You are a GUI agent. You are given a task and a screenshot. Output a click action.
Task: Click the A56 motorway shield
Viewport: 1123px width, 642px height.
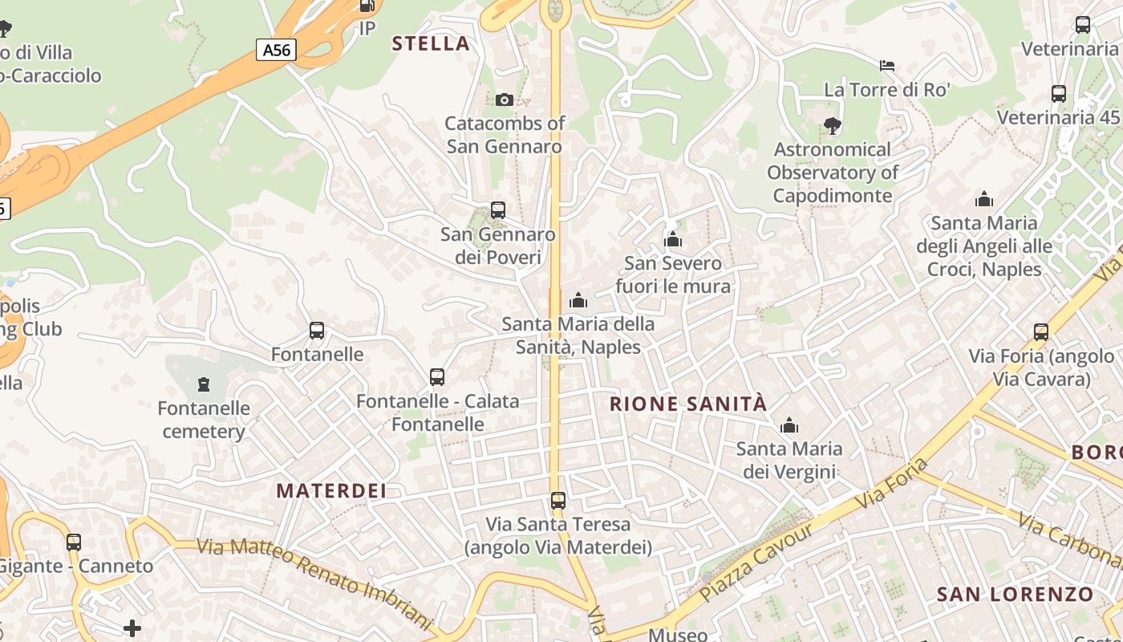coord(277,50)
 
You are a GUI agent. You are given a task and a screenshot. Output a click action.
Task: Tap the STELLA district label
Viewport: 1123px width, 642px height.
coord(431,43)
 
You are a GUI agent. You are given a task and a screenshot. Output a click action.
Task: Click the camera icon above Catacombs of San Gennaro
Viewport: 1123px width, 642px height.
coord(504,100)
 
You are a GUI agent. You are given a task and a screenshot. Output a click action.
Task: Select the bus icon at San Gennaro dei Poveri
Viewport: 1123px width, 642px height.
coord(498,210)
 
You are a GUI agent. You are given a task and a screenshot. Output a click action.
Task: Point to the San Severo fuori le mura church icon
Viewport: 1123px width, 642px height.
coord(672,239)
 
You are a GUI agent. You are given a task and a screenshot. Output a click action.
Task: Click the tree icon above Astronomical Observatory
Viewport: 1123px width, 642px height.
coord(832,125)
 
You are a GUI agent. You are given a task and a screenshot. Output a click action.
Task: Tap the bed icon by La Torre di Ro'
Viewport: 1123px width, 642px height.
coord(887,65)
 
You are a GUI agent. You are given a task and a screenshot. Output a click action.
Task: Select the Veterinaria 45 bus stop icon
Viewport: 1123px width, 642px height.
coord(1059,93)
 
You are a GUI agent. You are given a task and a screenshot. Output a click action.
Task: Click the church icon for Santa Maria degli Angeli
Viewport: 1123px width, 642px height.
coord(984,199)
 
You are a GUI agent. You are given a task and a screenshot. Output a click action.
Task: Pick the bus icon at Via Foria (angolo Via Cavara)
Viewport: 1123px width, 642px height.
coord(1041,331)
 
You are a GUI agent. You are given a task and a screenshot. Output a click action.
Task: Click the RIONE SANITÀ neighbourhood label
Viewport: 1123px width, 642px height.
coord(688,404)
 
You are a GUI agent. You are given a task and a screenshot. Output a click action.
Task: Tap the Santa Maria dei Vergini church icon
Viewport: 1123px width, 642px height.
coord(789,425)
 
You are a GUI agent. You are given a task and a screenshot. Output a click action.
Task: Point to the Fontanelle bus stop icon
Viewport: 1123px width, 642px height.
coord(317,331)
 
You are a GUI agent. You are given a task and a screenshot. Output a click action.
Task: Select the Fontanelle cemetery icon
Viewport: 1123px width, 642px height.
coord(204,384)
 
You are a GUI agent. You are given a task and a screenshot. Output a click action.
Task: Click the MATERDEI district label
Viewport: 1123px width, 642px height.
coord(331,490)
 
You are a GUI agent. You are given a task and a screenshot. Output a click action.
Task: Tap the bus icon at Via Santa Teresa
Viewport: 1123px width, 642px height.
coord(558,501)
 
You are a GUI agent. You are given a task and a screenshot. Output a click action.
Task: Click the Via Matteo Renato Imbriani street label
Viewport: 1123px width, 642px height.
coord(314,580)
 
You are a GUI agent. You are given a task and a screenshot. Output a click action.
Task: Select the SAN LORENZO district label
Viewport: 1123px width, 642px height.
coord(1015,595)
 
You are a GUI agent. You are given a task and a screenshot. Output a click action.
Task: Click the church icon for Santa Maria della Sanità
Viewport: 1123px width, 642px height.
coord(578,300)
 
